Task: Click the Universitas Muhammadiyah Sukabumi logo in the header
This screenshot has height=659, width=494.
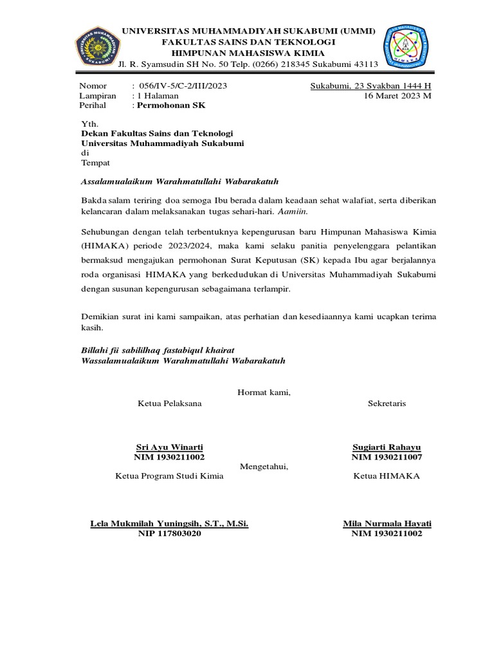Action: click(98, 47)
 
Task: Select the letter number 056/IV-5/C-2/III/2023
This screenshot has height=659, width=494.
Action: click(183, 86)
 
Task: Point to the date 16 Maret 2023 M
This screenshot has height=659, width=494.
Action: click(398, 95)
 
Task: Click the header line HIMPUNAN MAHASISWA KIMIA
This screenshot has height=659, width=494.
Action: click(248, 53)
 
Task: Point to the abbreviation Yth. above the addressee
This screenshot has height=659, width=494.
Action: click(89, 124)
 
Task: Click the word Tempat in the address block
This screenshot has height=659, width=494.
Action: click(95, 163)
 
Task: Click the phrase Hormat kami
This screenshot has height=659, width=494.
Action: click(264, 392)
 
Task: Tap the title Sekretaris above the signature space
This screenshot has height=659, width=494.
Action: click(387, 404)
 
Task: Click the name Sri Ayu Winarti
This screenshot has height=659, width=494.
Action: click(169, 447)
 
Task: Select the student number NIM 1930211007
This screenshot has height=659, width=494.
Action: click(387, 457)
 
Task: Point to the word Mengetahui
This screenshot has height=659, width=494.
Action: click(264, 467)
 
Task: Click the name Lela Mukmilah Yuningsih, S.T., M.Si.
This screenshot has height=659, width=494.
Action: click(169, 523)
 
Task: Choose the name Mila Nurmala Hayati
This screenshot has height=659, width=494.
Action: click(387, 523)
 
